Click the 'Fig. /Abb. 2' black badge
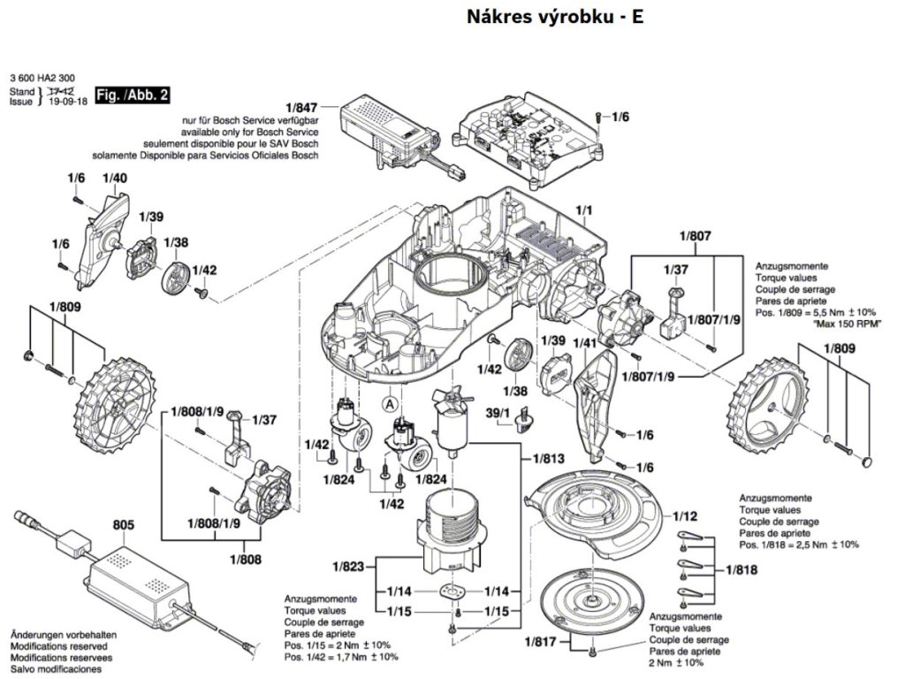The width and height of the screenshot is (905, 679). click(132, 95)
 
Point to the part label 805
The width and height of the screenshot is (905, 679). click(124, 525)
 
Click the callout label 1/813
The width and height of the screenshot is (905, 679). click(549, 459)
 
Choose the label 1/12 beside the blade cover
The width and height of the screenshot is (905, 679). click(685, 515)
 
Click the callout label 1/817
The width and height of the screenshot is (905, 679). click(541, 642)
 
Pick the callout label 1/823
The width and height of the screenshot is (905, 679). click(349, 566)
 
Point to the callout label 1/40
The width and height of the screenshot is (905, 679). click(115, 179)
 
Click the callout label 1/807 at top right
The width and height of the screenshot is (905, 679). click(696, 236)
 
